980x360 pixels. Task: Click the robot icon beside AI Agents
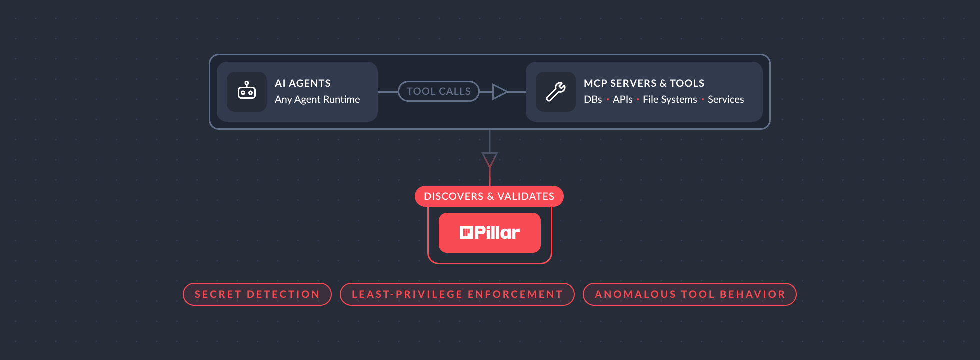click(247, 92)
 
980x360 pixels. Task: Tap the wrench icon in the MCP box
click(555, 92)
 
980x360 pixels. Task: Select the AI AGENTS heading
click(302, 83)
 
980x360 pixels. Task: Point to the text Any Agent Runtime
click(317, 99)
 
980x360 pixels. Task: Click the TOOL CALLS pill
click(438, 91)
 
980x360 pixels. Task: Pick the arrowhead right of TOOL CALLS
click(499, 92)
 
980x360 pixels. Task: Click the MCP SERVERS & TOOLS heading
click(644, 83)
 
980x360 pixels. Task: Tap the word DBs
click(593, 99)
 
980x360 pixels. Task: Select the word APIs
click(622, 99)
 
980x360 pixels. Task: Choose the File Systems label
click(670, 99)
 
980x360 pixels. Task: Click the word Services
click(726, 99)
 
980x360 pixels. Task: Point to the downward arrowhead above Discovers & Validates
click(490, 160)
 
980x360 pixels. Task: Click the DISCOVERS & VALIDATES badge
click(489, 196)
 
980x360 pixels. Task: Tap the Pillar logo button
click(490, 233)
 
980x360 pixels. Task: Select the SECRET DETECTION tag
click(257, 294)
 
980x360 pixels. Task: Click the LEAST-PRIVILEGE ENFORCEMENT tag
click(457, 294)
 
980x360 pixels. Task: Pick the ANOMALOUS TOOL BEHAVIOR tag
click(689, 294)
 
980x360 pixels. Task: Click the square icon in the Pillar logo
click(466, 232)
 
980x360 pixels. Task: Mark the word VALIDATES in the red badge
click(526, 196)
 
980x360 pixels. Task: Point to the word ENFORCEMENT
click(515, 294)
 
